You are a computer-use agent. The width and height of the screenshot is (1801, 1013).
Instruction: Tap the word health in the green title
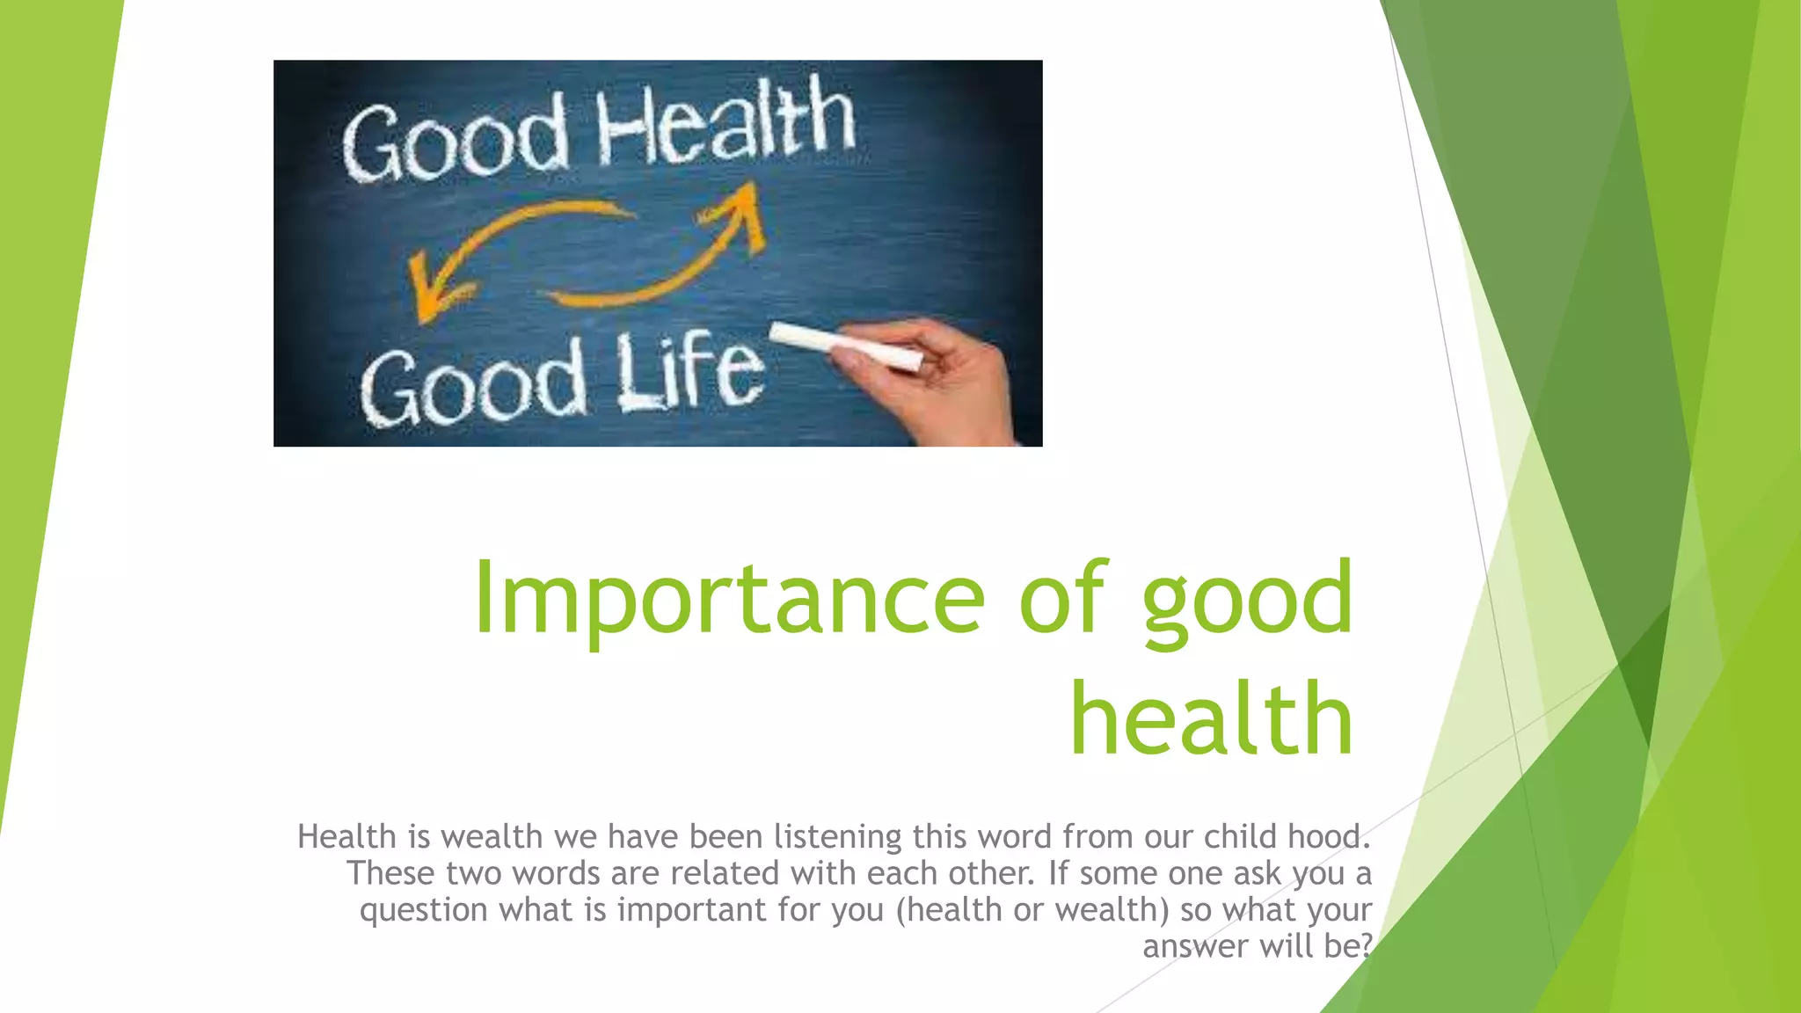pos(1212,719)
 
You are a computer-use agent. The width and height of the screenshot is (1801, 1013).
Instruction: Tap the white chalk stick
pos(845,346)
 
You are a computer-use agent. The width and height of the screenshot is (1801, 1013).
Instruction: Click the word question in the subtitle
pos(423,909)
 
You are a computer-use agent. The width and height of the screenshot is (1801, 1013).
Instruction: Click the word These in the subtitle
pos(390,873)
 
